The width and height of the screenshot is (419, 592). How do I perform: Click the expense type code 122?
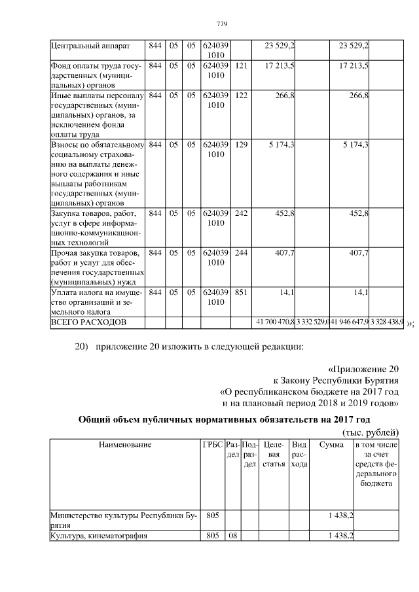coord(240,96)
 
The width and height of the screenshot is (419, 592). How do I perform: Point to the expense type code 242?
coord(240,213)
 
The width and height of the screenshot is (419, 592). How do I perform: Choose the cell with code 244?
coord(240,252)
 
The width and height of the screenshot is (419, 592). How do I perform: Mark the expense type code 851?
coord(240,292)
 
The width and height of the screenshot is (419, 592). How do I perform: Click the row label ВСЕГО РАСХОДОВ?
coord(88,322)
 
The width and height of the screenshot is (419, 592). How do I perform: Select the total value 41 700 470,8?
coord(273,322)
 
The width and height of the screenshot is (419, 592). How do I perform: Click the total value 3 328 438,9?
coord(387,322)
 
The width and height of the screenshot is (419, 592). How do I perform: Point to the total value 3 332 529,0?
coord(312,322)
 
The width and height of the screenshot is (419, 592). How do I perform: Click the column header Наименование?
coord(124,445)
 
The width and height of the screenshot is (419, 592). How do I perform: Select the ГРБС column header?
coord(212,445)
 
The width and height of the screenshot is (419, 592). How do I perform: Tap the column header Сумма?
coord(331,445)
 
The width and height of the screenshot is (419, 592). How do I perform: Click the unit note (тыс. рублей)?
coord(370,433)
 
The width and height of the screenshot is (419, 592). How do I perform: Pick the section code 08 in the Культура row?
coord(232,536)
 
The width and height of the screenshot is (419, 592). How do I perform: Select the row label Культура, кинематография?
coord(99,536)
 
